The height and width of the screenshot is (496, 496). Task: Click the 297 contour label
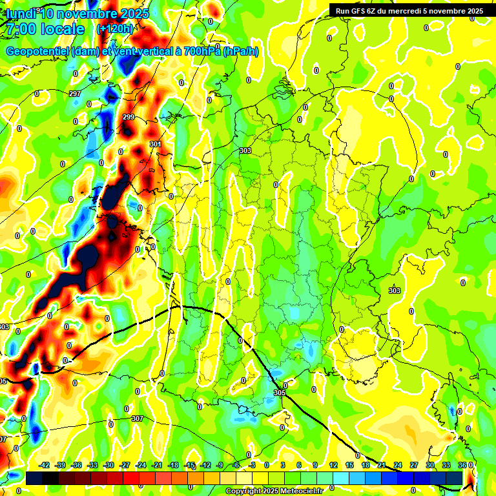[75, 94]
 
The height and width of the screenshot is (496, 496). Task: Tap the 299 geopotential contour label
[128, 117]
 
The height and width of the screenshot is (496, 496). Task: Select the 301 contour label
[155, 144]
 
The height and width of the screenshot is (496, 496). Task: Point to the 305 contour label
[279, 393]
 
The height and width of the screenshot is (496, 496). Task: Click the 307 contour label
[137, 418]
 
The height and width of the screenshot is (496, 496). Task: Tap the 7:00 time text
[20, 29]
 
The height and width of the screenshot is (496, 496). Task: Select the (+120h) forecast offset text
[115, 29]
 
